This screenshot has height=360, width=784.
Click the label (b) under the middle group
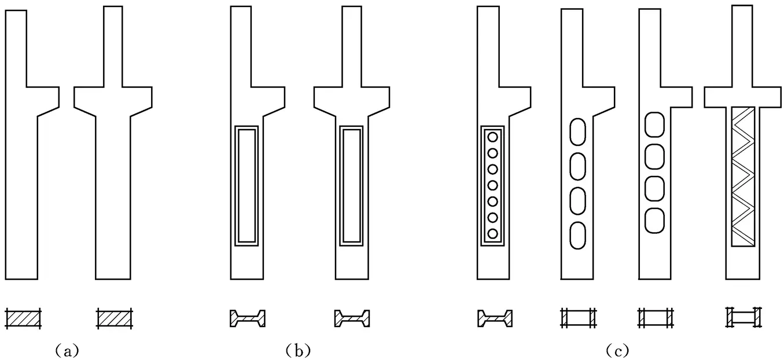click(299, 350)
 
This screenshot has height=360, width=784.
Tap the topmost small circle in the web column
click(493, 137)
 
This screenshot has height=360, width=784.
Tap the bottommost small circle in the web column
click(493, 234)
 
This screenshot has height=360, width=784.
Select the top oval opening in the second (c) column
click(579, 131)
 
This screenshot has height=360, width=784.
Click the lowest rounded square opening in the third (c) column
click(654, 221)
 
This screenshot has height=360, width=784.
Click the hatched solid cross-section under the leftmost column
click(23, 318)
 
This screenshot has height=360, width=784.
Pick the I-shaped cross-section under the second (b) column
click(352, 318)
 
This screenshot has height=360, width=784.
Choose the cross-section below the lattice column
click(743, 317)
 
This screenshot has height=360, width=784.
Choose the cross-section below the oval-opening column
click(579, 318)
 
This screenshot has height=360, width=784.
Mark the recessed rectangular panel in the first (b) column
click(246, 185)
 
